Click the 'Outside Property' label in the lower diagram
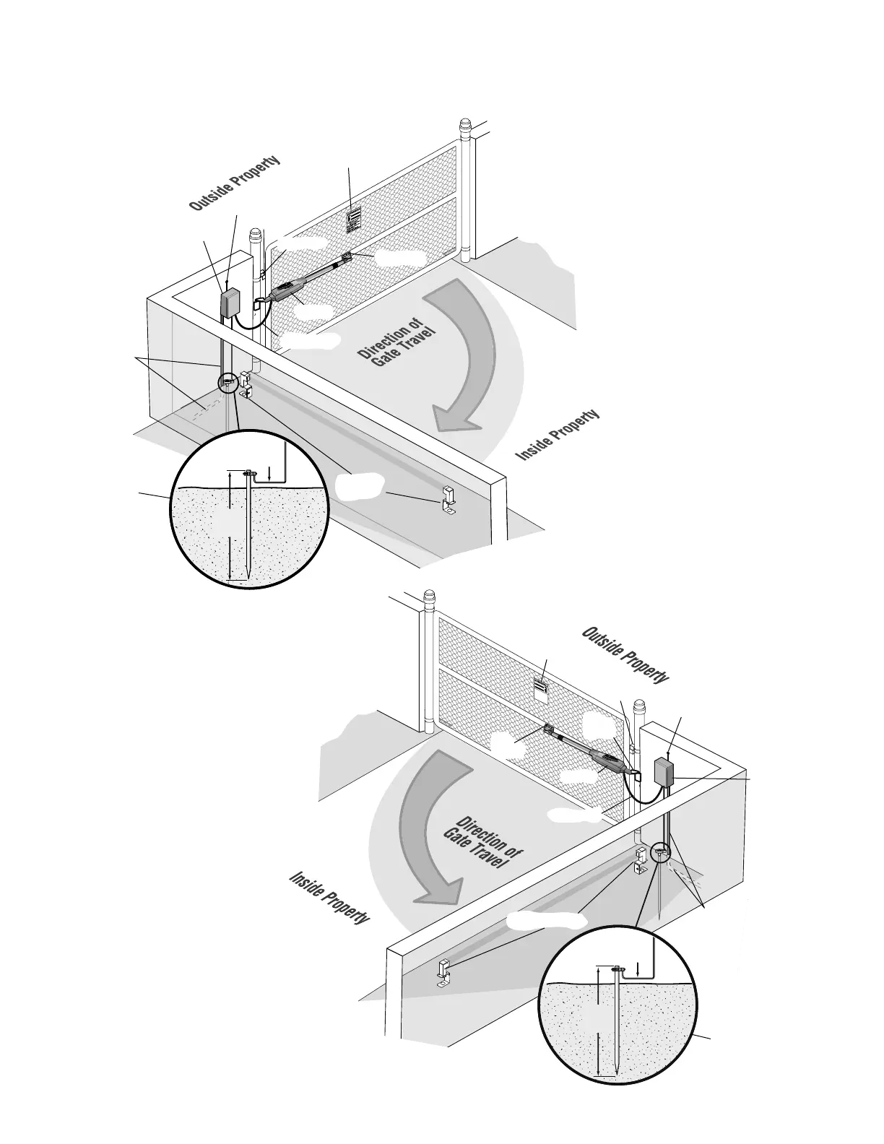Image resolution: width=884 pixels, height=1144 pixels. click(625, 656)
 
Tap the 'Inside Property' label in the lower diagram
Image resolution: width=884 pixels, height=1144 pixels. click(329, 898)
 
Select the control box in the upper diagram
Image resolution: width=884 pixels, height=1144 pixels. click(230, 302)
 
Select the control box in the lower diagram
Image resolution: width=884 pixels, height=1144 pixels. click(664, 771)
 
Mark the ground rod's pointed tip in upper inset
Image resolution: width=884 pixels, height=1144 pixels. click(248, 576)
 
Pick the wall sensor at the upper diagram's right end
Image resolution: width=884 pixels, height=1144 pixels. click(448, 499)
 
